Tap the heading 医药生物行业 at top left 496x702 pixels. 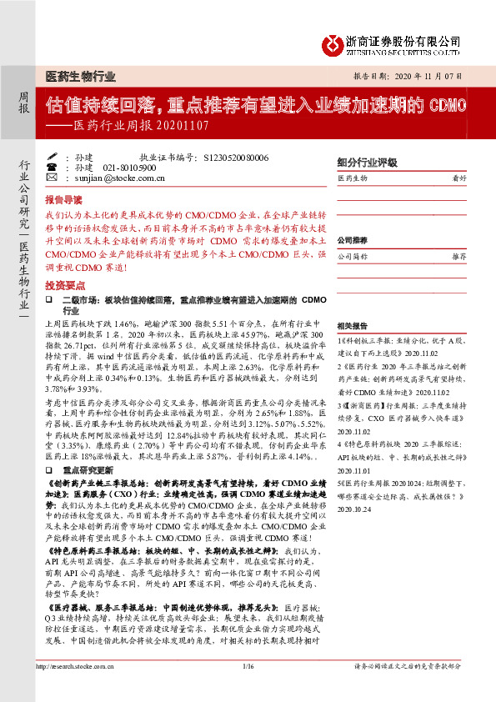click(80, 76)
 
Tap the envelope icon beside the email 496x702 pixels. click(52, 178)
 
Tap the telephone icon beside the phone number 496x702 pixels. click(52, 167)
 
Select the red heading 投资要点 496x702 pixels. click(63, 284)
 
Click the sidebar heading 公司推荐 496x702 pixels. click(352, 239)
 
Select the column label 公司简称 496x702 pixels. click(353, 257)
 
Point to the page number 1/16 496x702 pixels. click(248, 689)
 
